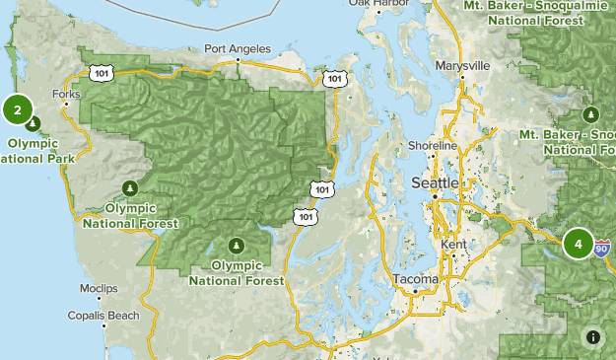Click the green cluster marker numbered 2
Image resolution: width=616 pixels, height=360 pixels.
pos(18,109)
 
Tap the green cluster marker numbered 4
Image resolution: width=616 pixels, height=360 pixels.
pos(579,243)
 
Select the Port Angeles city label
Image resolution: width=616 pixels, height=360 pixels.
pos(236,48)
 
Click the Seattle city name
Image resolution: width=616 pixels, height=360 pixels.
pos(434,182)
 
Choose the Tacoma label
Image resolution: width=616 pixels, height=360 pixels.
pos(413,279)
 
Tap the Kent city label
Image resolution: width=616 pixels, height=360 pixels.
pos(455,243)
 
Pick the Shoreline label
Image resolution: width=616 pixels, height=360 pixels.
pos(433,146)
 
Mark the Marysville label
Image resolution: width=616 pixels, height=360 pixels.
pos(462,65)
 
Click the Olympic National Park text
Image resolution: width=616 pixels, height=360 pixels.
pos(35,150)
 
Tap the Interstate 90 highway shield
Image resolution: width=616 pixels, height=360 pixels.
pos(602,250)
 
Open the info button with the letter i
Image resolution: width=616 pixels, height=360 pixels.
pos(593,336)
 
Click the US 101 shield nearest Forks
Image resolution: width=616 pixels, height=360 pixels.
pos(99,72)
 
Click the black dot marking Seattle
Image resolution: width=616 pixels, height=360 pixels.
pos(435,197)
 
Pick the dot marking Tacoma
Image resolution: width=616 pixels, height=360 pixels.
pos(415,292)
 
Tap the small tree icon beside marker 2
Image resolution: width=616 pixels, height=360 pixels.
pos(34,123)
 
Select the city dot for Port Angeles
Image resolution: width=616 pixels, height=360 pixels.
pos(237,60)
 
